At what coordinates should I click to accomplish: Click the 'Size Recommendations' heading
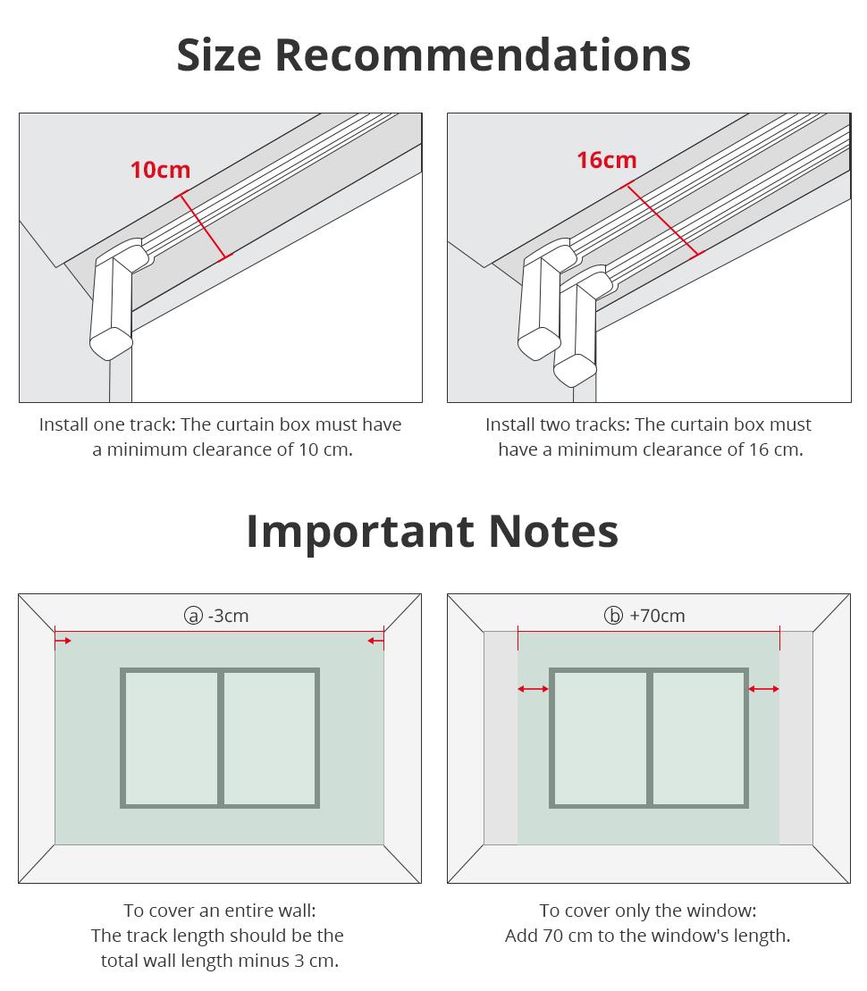pos(433,55)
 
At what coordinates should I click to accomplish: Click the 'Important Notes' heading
pos(433,531)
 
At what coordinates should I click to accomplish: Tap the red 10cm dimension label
pos(160,170)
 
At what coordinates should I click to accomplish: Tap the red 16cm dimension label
pos(606,160)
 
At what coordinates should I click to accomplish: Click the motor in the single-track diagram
pos(110,304)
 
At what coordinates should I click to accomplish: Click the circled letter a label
pos(193,616)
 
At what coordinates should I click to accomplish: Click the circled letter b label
pos(613,616)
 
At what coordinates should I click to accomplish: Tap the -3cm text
pos(228,616)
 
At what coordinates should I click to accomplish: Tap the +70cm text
pos(657,616)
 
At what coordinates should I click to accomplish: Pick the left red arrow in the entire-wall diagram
pos(63,641)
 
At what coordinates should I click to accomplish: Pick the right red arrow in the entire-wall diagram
pos(376,641)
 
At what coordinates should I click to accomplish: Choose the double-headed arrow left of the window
pos(534,689)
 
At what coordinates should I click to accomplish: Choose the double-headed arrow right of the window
pos(763,689)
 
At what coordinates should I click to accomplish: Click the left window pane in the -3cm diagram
pos(171,738)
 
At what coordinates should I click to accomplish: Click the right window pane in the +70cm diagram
pos(698,738)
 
